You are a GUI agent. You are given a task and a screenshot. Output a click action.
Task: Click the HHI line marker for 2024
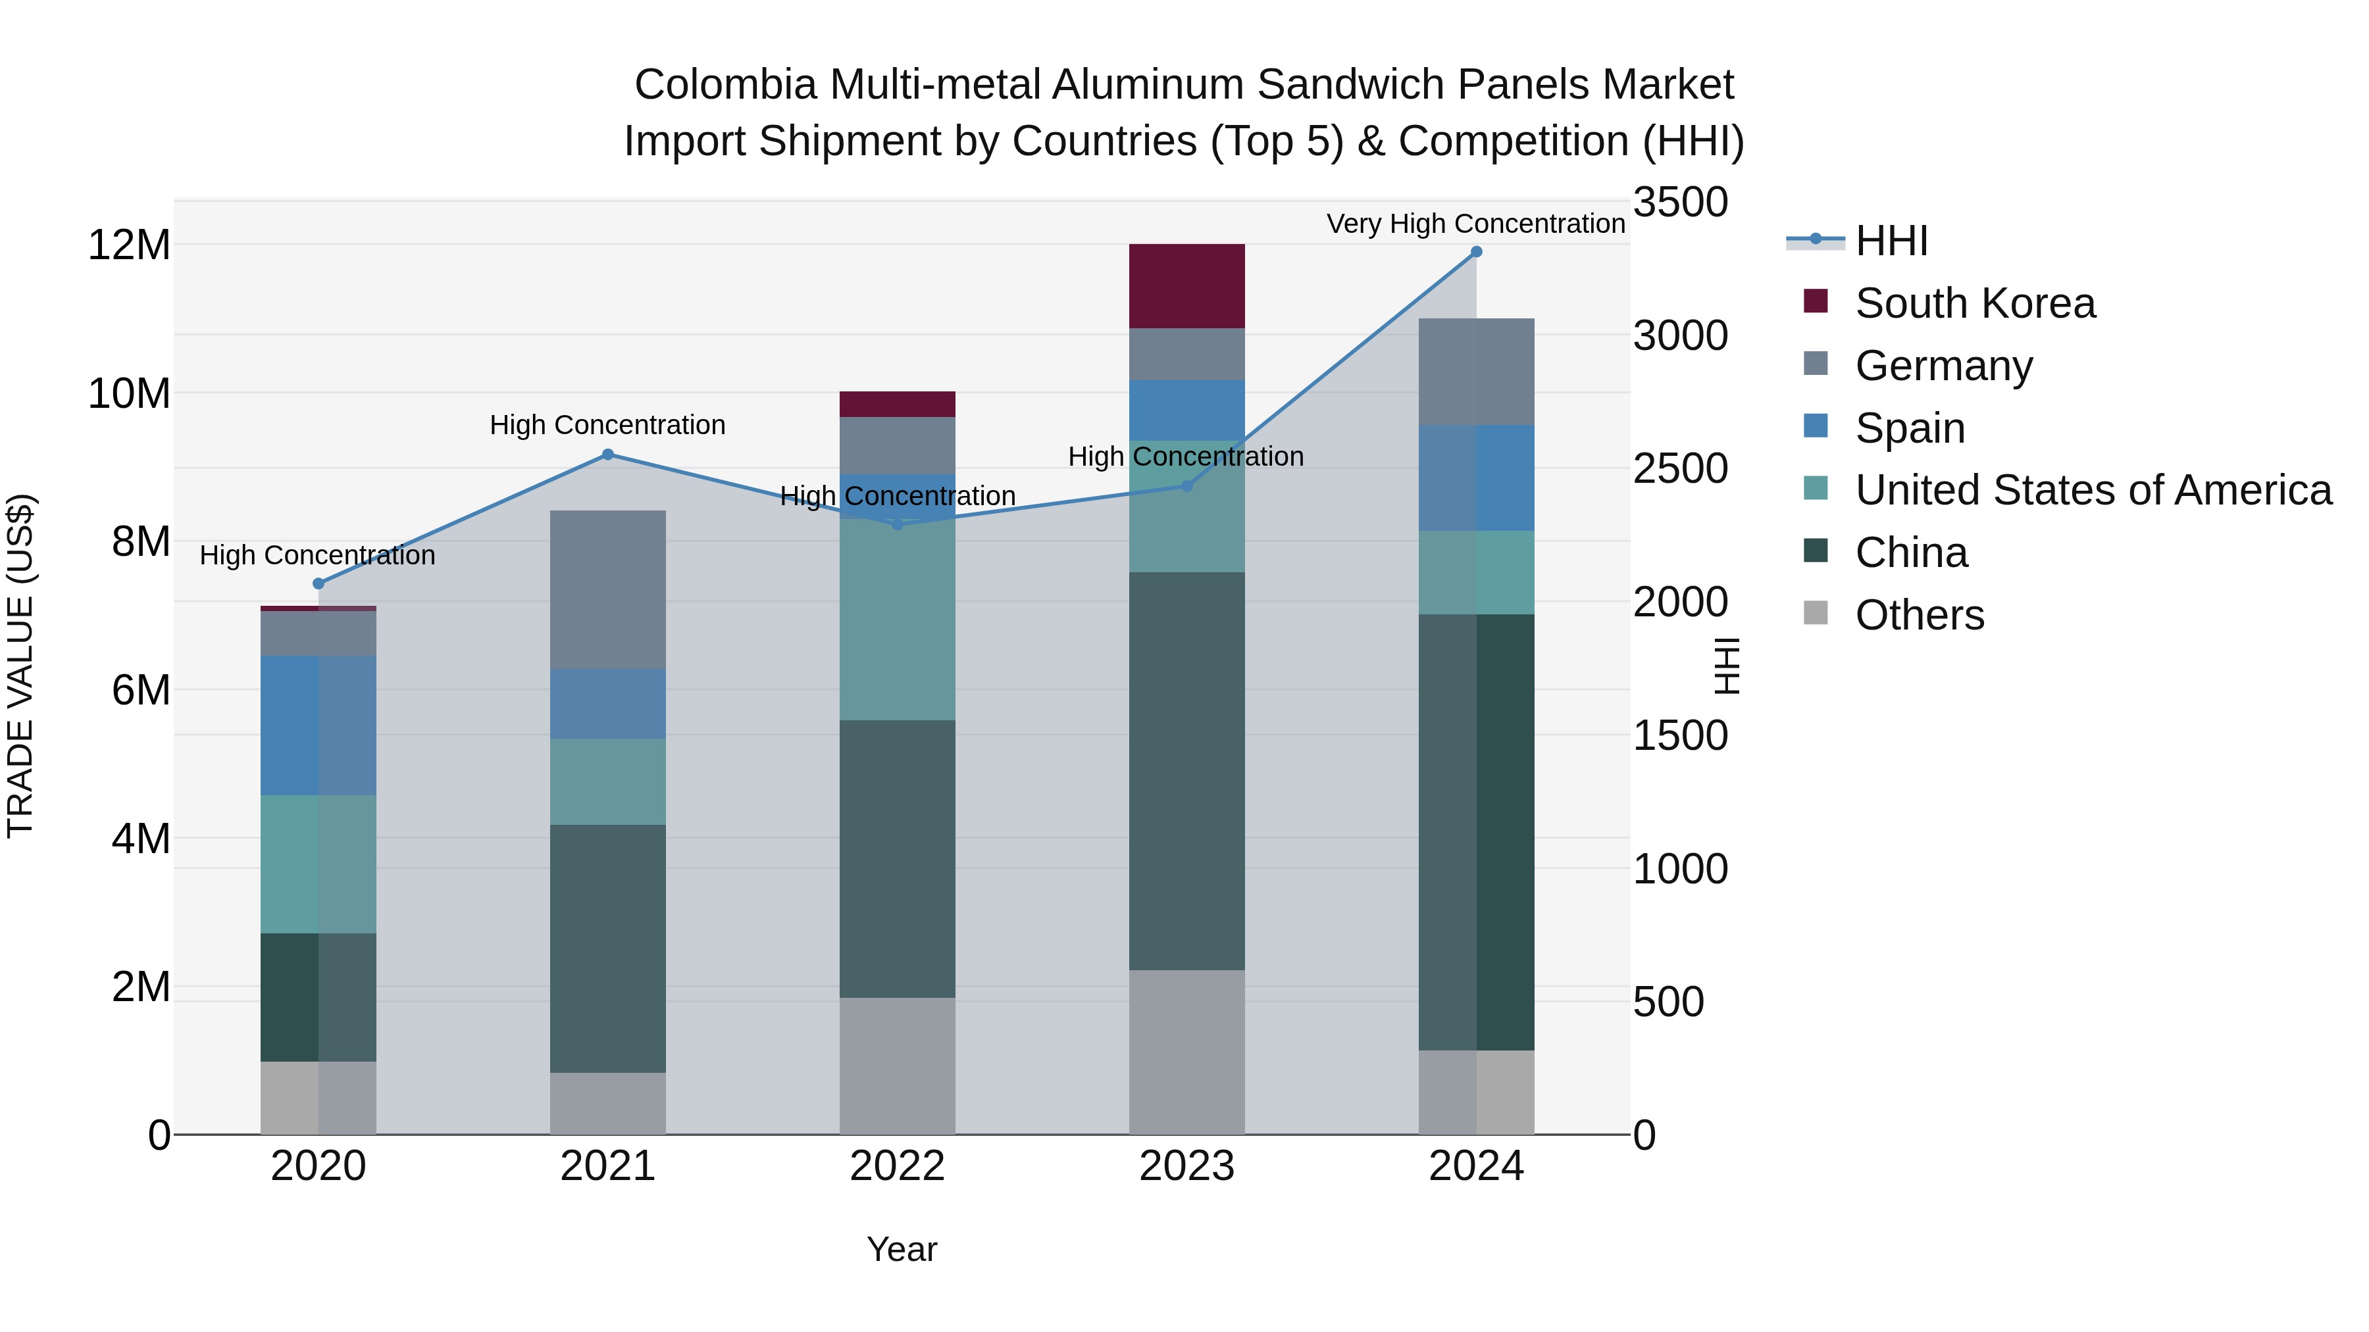[x=1476, y=252]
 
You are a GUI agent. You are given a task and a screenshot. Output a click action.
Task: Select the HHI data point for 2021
[x=608, y=454]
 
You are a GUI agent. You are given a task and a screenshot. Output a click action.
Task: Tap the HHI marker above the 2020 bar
[x=318, y=583]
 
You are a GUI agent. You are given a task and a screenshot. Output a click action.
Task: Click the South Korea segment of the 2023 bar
[x=1186, y=286]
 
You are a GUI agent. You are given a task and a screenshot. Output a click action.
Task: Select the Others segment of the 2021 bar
[x=608, y=1103]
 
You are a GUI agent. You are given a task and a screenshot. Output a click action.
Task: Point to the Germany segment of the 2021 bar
[x=608, y=589]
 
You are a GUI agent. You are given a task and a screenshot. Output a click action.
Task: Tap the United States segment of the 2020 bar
[x=318, y=864]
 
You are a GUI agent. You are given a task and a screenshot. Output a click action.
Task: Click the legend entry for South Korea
[x=1974, y=303]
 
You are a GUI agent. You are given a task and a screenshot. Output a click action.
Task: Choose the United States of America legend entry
[x=2092, y=490]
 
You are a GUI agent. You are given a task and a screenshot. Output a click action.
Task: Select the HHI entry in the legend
[x=1891, y=241]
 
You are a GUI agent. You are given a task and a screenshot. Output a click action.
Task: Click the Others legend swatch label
[x=1920, y=615]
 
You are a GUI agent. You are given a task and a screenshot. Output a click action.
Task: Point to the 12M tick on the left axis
[x=129, y=245]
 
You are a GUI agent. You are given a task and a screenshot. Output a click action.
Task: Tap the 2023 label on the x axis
[x=1186, y=1166]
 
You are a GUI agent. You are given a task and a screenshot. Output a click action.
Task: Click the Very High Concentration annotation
[x=1475, y=224]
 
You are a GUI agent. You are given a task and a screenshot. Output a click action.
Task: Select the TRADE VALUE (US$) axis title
[x=20, y=666]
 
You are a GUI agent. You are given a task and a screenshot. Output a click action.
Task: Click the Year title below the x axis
[x=902, y=1249]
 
